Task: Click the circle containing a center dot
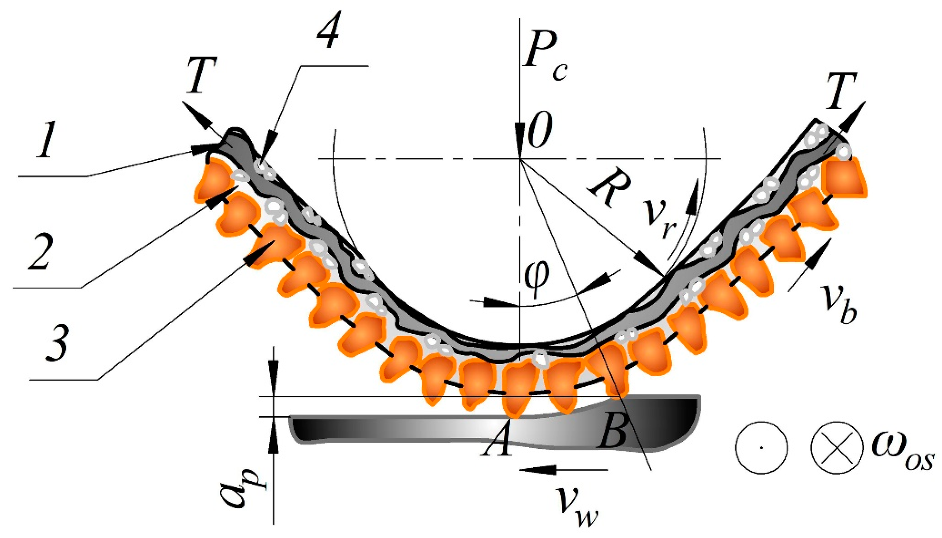click(761, 448)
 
